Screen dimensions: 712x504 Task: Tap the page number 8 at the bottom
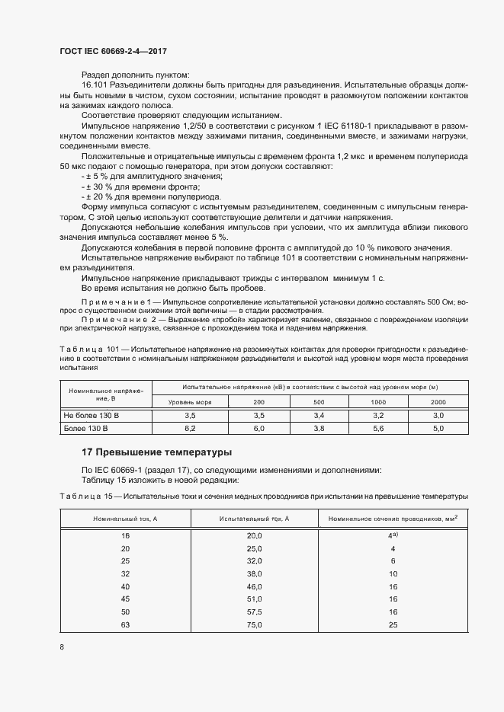[x=61, y=647]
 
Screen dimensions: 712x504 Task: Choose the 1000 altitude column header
[x=377, y=401]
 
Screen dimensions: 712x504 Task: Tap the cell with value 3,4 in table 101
[x=319, y=416]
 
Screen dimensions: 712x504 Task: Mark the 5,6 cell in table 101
[x=377, y=429]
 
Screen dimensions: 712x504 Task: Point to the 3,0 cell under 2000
[x=438, y=416]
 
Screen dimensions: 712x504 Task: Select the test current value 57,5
[x=253, y=612]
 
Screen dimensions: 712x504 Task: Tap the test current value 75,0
[x=253, y=625]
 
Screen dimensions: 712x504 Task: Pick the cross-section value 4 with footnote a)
[x=392, y=536]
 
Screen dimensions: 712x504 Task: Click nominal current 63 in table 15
[x=126, y=625]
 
